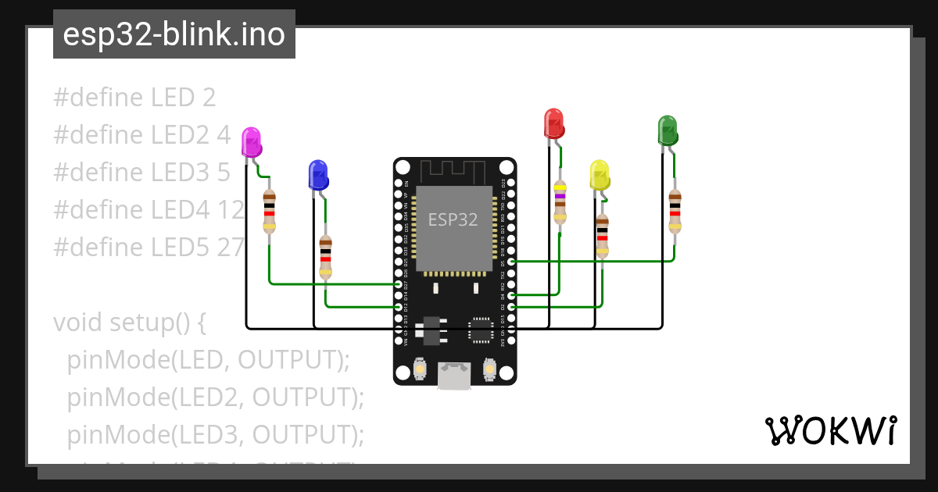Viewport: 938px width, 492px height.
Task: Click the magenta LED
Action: [x=251, y=143]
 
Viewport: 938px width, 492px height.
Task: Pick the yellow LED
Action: [x=600, y=175]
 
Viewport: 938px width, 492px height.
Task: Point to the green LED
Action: [x=668, y=130]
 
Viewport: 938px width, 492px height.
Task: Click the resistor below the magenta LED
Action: [x=269, y=212]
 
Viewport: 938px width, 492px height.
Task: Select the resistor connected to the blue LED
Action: [x=325, y=257]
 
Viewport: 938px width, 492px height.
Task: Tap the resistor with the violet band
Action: [x=560, y=202]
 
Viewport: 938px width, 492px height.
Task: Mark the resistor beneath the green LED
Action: [x=675, y=211]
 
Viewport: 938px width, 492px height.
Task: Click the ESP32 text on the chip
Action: [x=453, y=219]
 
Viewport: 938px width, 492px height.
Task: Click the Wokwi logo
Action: [x=830, y=430]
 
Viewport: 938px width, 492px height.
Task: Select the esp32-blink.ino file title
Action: [x=174, y=34]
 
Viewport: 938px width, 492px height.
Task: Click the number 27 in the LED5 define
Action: [x=231, y=247]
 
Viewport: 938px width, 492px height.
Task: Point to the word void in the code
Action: [x=79, y=322]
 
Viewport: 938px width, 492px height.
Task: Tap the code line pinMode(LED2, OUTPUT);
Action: [x=216, y=397]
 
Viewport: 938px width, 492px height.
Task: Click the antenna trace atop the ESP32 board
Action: [x=453, y=169]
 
